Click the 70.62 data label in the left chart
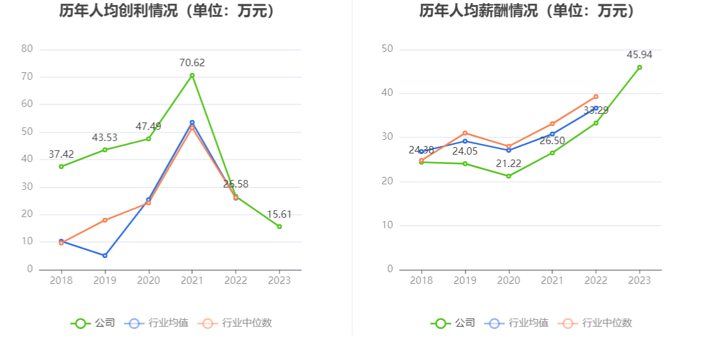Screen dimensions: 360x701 tap(192, 62)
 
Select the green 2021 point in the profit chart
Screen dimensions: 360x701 tap(192, 75)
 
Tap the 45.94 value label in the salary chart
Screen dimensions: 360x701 tap(639, 55)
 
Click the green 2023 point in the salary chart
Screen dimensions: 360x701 tap(639, 67)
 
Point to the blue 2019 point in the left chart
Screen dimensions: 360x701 tap(104, 255)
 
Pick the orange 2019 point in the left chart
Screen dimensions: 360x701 tap(104, 220)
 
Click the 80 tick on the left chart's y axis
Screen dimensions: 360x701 tap(27, 49)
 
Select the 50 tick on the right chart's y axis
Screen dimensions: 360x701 tap(387, 49)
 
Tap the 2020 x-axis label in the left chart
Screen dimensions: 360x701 tap(148, 280)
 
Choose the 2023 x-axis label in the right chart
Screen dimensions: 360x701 tap(639, 280)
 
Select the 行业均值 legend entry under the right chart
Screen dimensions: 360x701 tap(518, 323)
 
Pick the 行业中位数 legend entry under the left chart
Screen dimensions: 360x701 tap(236, 323)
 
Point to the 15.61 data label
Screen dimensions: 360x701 tap(279, 214)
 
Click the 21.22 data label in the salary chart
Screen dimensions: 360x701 tap(509, 163)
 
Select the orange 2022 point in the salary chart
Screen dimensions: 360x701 tap(596, 96)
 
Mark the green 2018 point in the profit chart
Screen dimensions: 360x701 tap(61, 166)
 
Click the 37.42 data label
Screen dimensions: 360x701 tap(61, 154)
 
